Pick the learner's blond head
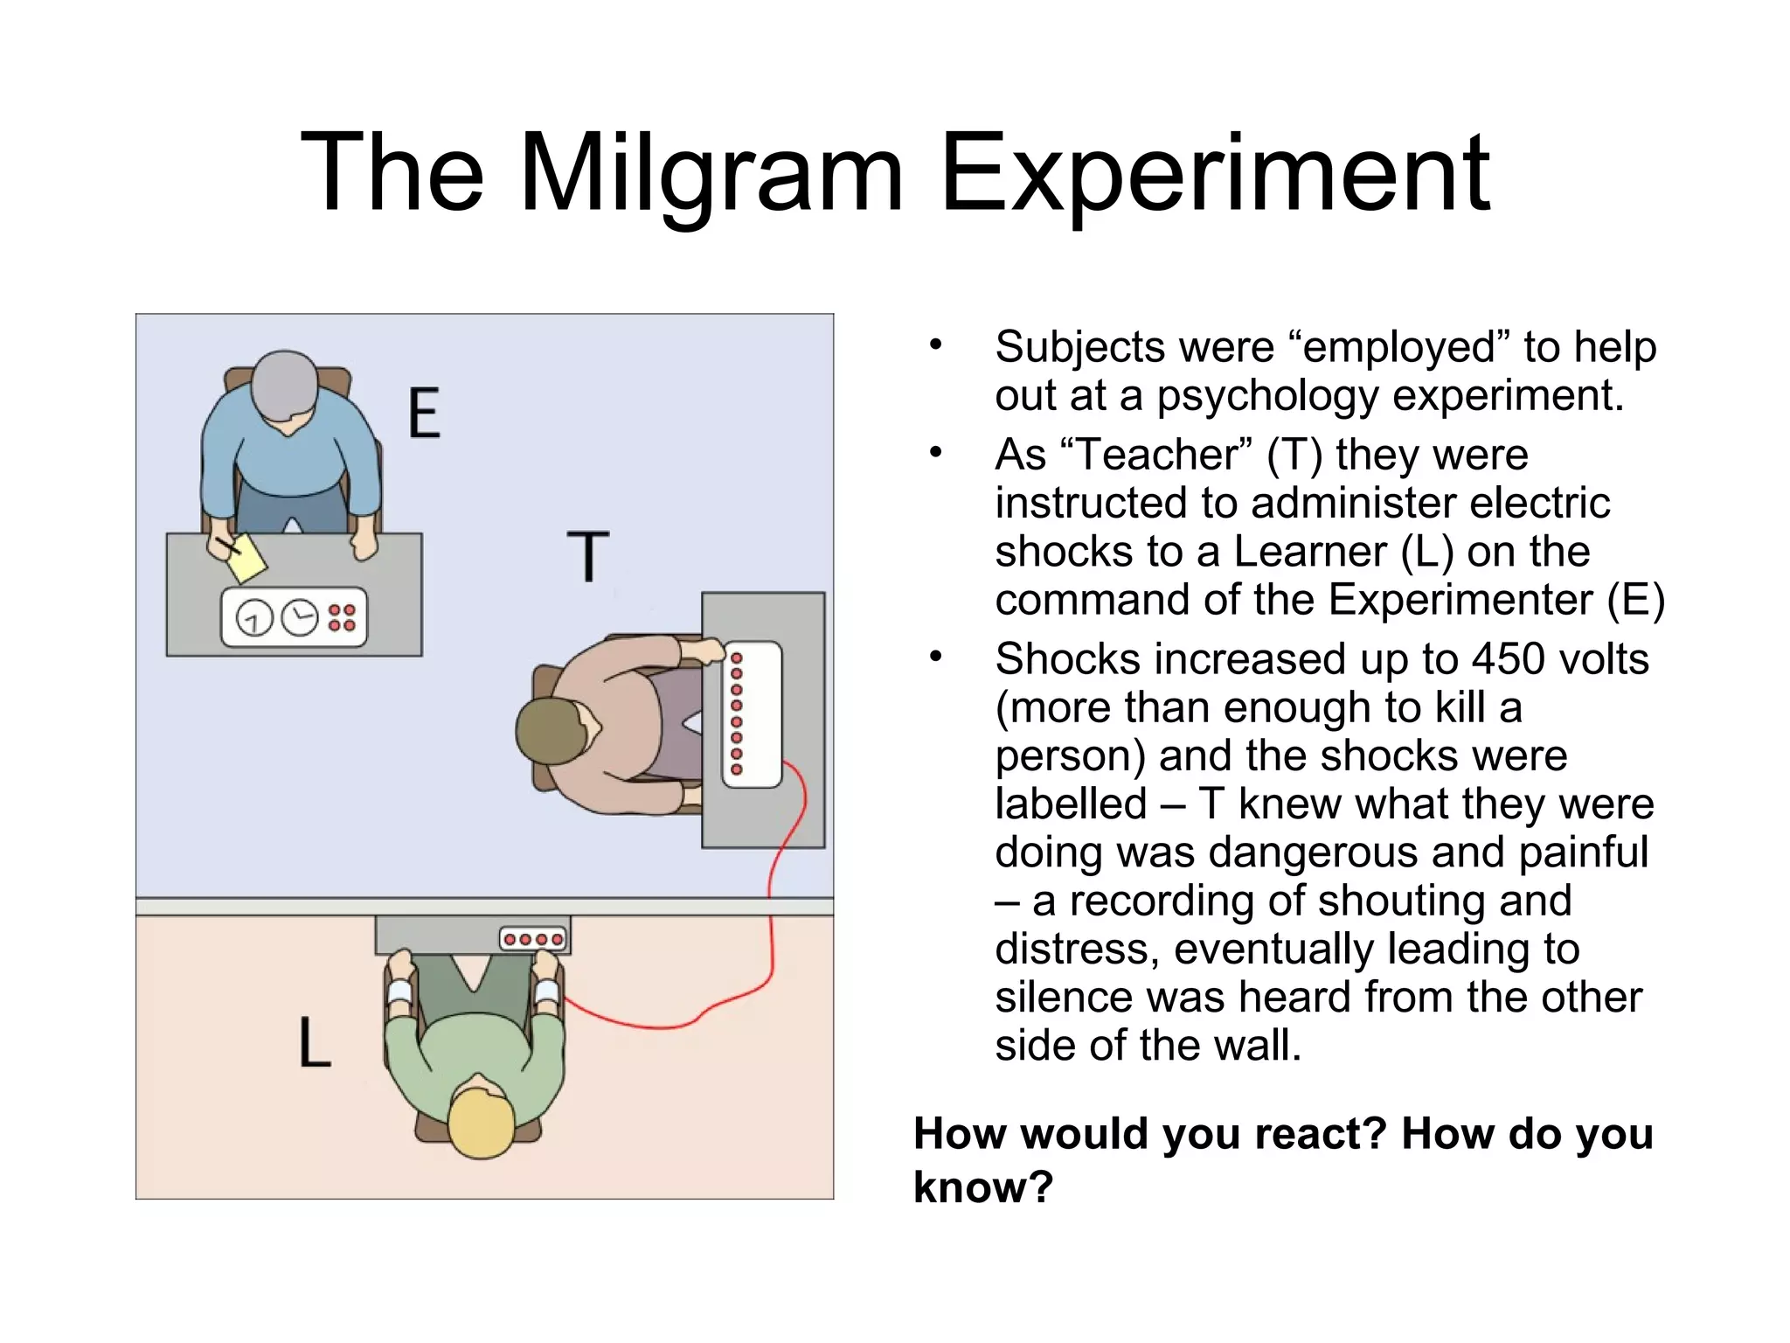click(481, 1123)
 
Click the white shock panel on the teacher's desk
click(752, 714)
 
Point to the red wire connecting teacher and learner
click(772, 927)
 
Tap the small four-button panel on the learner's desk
click(533, 939)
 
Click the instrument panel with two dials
click(294, 617)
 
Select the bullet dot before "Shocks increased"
click(936, 656)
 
